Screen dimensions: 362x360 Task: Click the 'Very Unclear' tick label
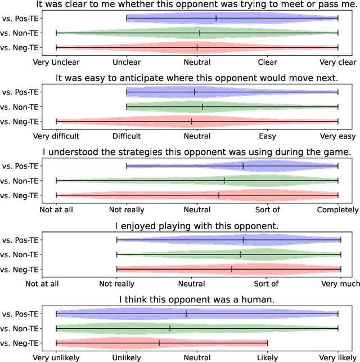point(56,62)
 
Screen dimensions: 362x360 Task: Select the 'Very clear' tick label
point(337,62)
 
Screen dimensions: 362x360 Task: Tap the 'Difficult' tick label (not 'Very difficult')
point(127,136)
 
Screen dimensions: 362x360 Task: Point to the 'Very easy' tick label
point(337,136)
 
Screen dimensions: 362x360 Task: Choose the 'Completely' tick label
point(337,210)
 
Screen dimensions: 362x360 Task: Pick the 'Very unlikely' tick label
point(56,357)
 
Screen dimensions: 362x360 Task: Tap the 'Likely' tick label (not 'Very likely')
point(268,357)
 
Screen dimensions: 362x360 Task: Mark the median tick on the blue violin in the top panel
point(216,19)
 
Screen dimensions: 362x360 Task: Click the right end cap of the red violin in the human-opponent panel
point(268,343)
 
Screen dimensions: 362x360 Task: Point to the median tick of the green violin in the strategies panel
point(224,181)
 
